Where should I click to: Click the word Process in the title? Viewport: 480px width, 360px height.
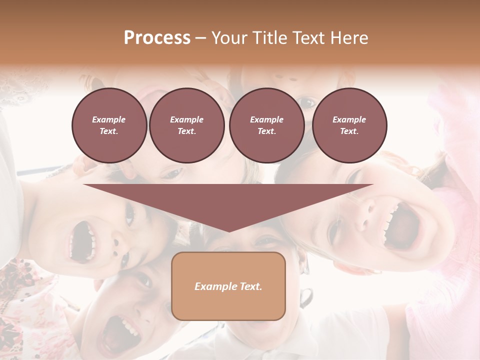157,38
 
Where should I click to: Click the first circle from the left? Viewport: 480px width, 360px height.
109,125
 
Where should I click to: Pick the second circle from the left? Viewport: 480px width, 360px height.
186,125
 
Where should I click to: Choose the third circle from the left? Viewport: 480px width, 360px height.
266,125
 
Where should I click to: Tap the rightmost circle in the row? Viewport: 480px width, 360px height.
349,125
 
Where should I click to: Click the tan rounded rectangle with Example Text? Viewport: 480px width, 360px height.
228,286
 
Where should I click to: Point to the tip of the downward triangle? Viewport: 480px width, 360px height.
228,230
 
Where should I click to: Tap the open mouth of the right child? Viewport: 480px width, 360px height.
400,225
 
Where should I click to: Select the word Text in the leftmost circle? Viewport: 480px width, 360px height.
109,131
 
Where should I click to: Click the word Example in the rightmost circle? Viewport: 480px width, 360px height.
349,119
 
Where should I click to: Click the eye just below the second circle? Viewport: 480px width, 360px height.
172,173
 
